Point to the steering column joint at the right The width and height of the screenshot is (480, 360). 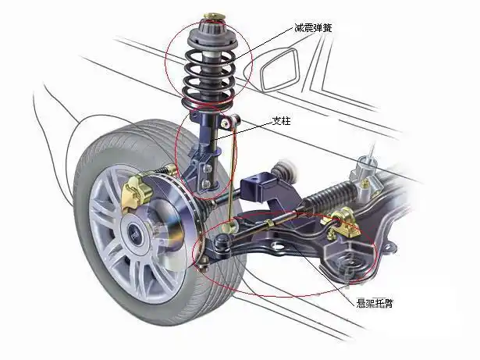tap(365, 169)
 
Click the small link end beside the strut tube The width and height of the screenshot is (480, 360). tap(229, 121)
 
